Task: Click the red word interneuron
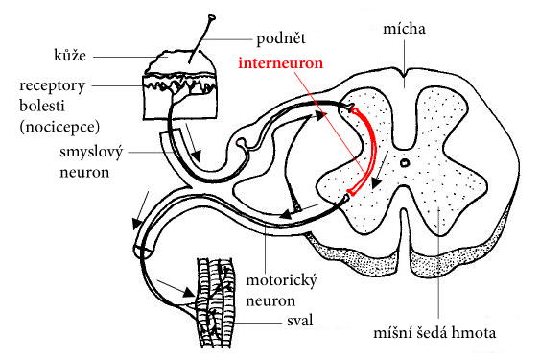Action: click(x=281, y=63)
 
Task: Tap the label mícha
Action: click(x=405, y=28)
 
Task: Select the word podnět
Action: click(x=281, y=38)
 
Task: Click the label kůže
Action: click(x=70, y=55)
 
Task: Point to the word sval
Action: click(x=300, y=321)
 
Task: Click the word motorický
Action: click(x=281, y=281)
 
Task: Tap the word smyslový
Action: click(x=91, y=152)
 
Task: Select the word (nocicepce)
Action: click(x=59, y=127)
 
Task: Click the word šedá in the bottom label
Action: click(x=433, y=333)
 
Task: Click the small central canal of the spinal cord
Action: click(x=405, y=162)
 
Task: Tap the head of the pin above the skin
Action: click(x=212, y=16)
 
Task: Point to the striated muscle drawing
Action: click(x=215, y=302)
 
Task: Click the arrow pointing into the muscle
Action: click(x=176, y=288)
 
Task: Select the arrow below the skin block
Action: click(x=193, y=142)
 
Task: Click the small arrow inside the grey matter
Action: click(x=380, y=169)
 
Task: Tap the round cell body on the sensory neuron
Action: click(x=241, y=142)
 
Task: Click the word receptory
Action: click(x=52, y=86)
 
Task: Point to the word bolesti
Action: click(x=42, y=106)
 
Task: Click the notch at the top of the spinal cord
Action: click(x=405, y=75)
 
